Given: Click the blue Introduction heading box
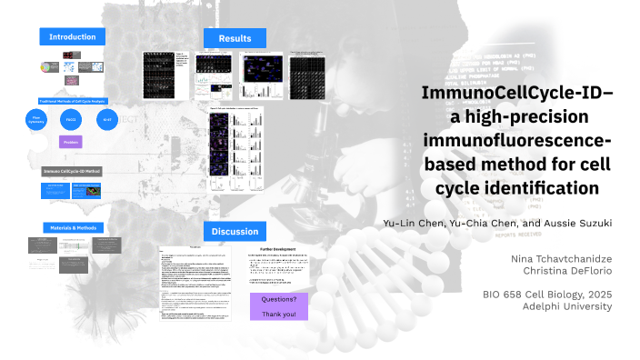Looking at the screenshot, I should pyautogui.click(x=72, y=36).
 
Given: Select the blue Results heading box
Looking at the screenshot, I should pyautogui.click(x=235, y=37).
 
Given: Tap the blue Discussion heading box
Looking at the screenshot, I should pyautogui.click(x=235, y=231).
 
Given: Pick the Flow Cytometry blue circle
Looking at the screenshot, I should pyautogui.click(x=36, y=118).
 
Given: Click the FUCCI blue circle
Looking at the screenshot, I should pyautogui.click(x=72, y=119).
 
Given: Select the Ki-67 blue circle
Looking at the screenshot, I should pyautogui.click(x=106, y=119).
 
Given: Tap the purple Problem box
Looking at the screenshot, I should pyautogui.click(x=72, y=142).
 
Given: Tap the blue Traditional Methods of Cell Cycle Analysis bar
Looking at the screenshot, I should pyautogui.click(x=72, y=101).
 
